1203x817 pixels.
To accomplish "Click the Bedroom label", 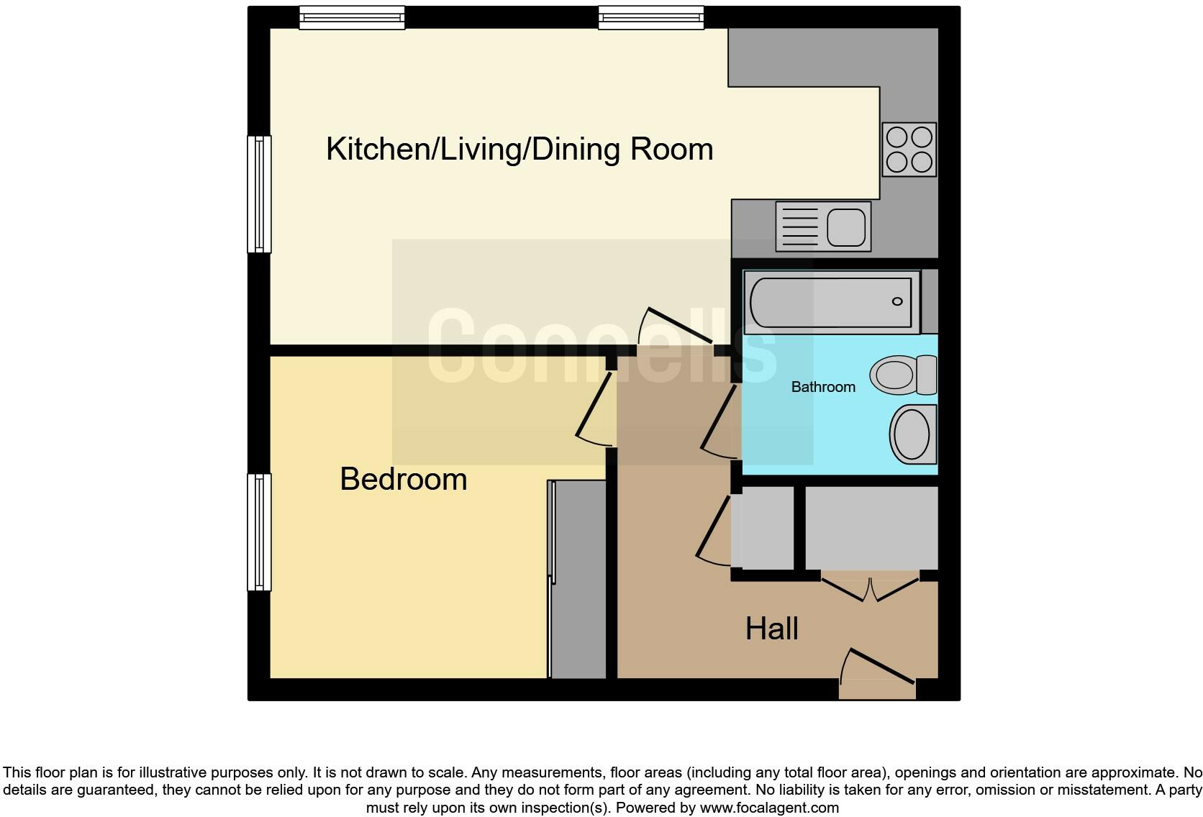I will (403, 480).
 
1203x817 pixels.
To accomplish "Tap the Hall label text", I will (771, 629).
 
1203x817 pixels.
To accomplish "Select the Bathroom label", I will (823, 387).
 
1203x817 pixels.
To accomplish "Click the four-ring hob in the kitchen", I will (909, 150).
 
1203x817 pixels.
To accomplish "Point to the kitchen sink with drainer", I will (823, 226).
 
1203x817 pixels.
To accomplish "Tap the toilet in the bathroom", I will (904, 375).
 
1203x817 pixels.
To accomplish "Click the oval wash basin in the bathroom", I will (912, 434).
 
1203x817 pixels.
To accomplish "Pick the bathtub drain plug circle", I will (897, 301).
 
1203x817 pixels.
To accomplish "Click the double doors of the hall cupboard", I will (871, 588).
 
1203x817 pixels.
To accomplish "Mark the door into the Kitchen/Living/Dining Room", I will (675, 329).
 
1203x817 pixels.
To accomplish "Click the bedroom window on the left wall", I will (259, 532).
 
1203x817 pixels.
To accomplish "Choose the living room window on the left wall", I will (259, 194).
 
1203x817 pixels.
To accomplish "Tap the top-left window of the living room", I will (352, 17).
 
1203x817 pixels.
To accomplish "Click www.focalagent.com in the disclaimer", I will (769, 808).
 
